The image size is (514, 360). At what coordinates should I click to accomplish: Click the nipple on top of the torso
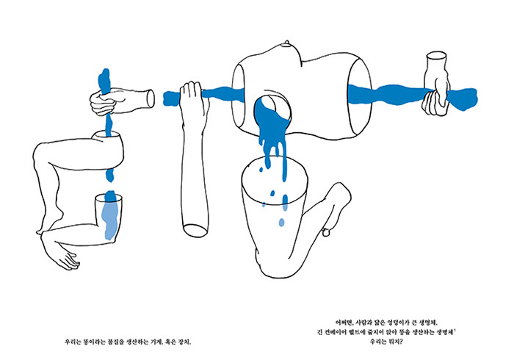[x=288, y=43]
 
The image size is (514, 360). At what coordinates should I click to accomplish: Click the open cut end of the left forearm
[x=151, y=98]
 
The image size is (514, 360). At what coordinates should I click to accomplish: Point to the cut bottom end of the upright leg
[x=195, y=230]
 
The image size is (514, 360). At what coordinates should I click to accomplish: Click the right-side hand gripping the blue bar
[x=435, y=100]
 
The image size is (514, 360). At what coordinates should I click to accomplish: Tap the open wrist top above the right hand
[x=437, y=56]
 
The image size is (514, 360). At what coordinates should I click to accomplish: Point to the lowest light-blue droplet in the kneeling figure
[x=281, y=223]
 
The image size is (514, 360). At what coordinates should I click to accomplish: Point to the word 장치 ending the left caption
[x=184, y=342]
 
